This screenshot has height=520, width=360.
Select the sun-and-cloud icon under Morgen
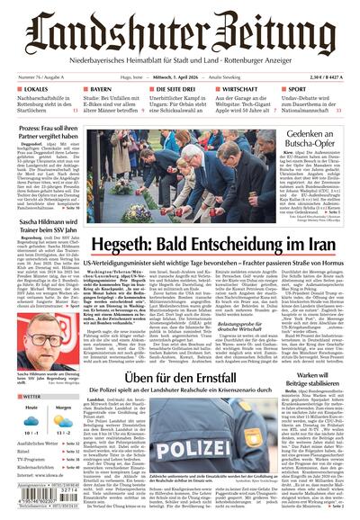point(63,426)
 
